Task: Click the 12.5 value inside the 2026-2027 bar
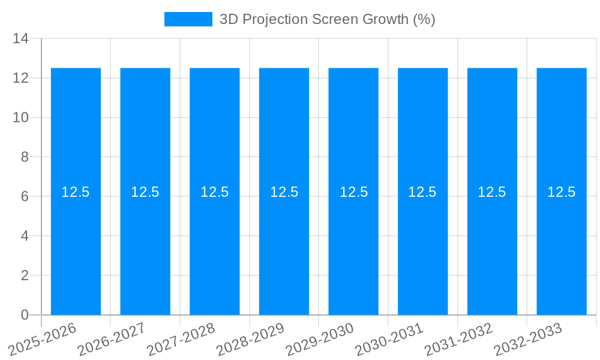145,192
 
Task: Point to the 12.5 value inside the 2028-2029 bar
284,192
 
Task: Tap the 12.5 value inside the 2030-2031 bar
422,192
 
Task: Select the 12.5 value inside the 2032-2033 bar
562,192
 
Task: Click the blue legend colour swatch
188,19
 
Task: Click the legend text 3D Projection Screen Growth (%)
327,19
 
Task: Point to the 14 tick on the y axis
21,39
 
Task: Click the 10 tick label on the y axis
21,118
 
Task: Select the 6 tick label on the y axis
25,196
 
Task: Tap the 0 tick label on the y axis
25,314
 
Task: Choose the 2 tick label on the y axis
25,275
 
